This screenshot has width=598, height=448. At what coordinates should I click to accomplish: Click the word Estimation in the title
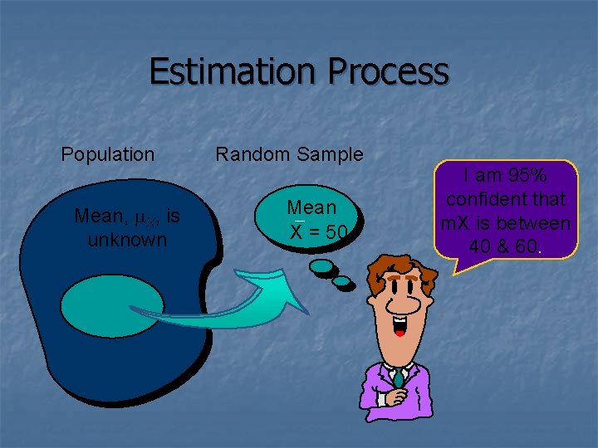pyautogui.click(x=233, y=72)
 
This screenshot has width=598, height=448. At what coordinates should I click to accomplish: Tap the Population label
pyautogui.click(x=108, y=154)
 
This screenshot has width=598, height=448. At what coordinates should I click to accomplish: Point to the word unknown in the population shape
pyautogui.click(x=127, y=240)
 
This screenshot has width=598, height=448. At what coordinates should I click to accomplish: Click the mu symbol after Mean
pyautogui.click(x=140, y=217)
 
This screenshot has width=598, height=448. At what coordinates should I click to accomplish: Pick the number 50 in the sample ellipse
pyautogui.click(x=336, y=232)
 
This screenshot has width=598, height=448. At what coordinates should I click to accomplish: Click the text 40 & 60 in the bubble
pyautogui.click(x=500, y=246)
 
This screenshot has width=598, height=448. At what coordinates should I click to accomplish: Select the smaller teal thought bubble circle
pyautogui.click(x=341, y=281)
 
